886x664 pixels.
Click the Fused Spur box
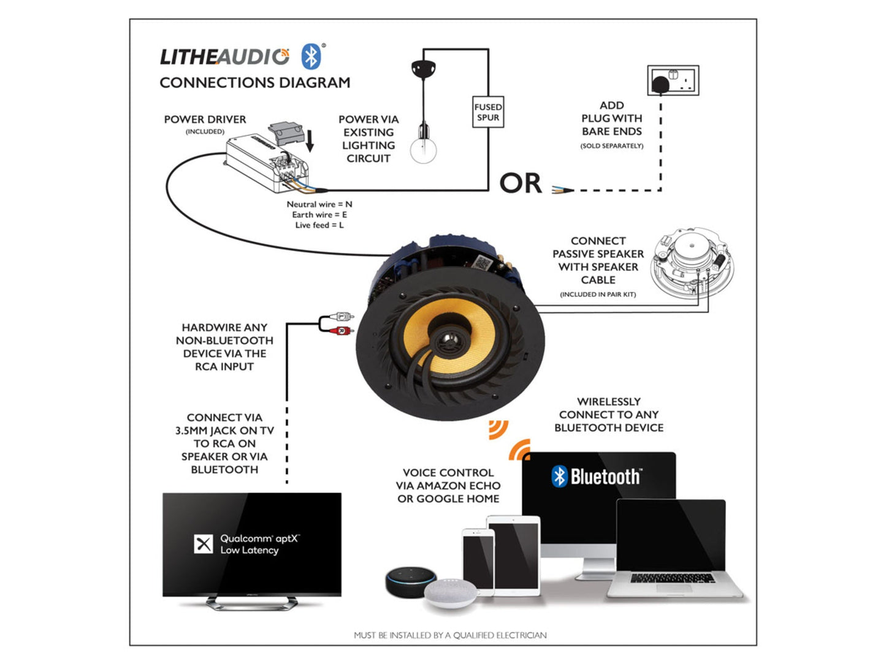(487, 112)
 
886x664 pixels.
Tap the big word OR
(521, 183)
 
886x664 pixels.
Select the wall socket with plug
(673, 81)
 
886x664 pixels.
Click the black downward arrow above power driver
(310, 140)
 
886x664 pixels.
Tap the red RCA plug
(341, 331)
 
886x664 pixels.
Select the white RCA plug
(341, 317)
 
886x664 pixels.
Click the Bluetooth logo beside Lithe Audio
(311, 57)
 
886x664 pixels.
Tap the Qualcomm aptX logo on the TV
(204, 544)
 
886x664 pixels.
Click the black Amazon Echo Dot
(410, 581)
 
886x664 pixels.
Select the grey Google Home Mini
(450, 592)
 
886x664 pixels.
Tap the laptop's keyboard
(672, 578)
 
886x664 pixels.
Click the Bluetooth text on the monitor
(605, 477)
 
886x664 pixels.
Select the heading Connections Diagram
(255, 83)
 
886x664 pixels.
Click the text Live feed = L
(319, 225)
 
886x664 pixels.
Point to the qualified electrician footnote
(450, 635)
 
